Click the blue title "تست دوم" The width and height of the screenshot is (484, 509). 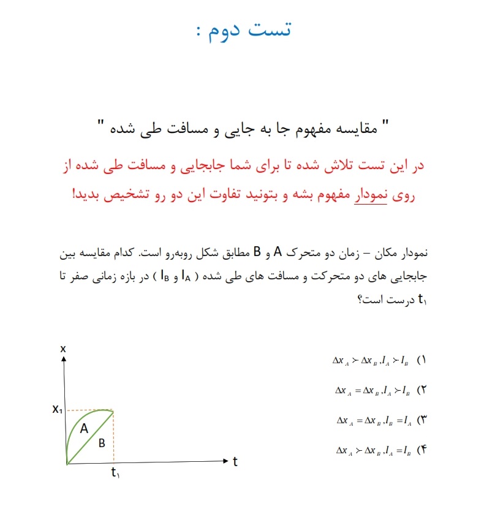click(x=248, y=29)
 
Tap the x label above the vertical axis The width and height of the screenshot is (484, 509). click(x=63, y=349)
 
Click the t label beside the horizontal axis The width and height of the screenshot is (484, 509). click(x=235, y=462)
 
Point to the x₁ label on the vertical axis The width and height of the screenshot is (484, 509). click(x=57, y=410)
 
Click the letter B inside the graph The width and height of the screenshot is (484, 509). click(x=102, y=443)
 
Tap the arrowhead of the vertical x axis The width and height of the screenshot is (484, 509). click(x=63, y=358)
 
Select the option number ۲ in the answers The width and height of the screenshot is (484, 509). click(x=422, y=390)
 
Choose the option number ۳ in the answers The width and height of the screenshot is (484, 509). click(x=422, y=420)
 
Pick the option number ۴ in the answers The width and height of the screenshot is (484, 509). click(x=422, y=450)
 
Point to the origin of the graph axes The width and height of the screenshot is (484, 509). click(x=67, y=464)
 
